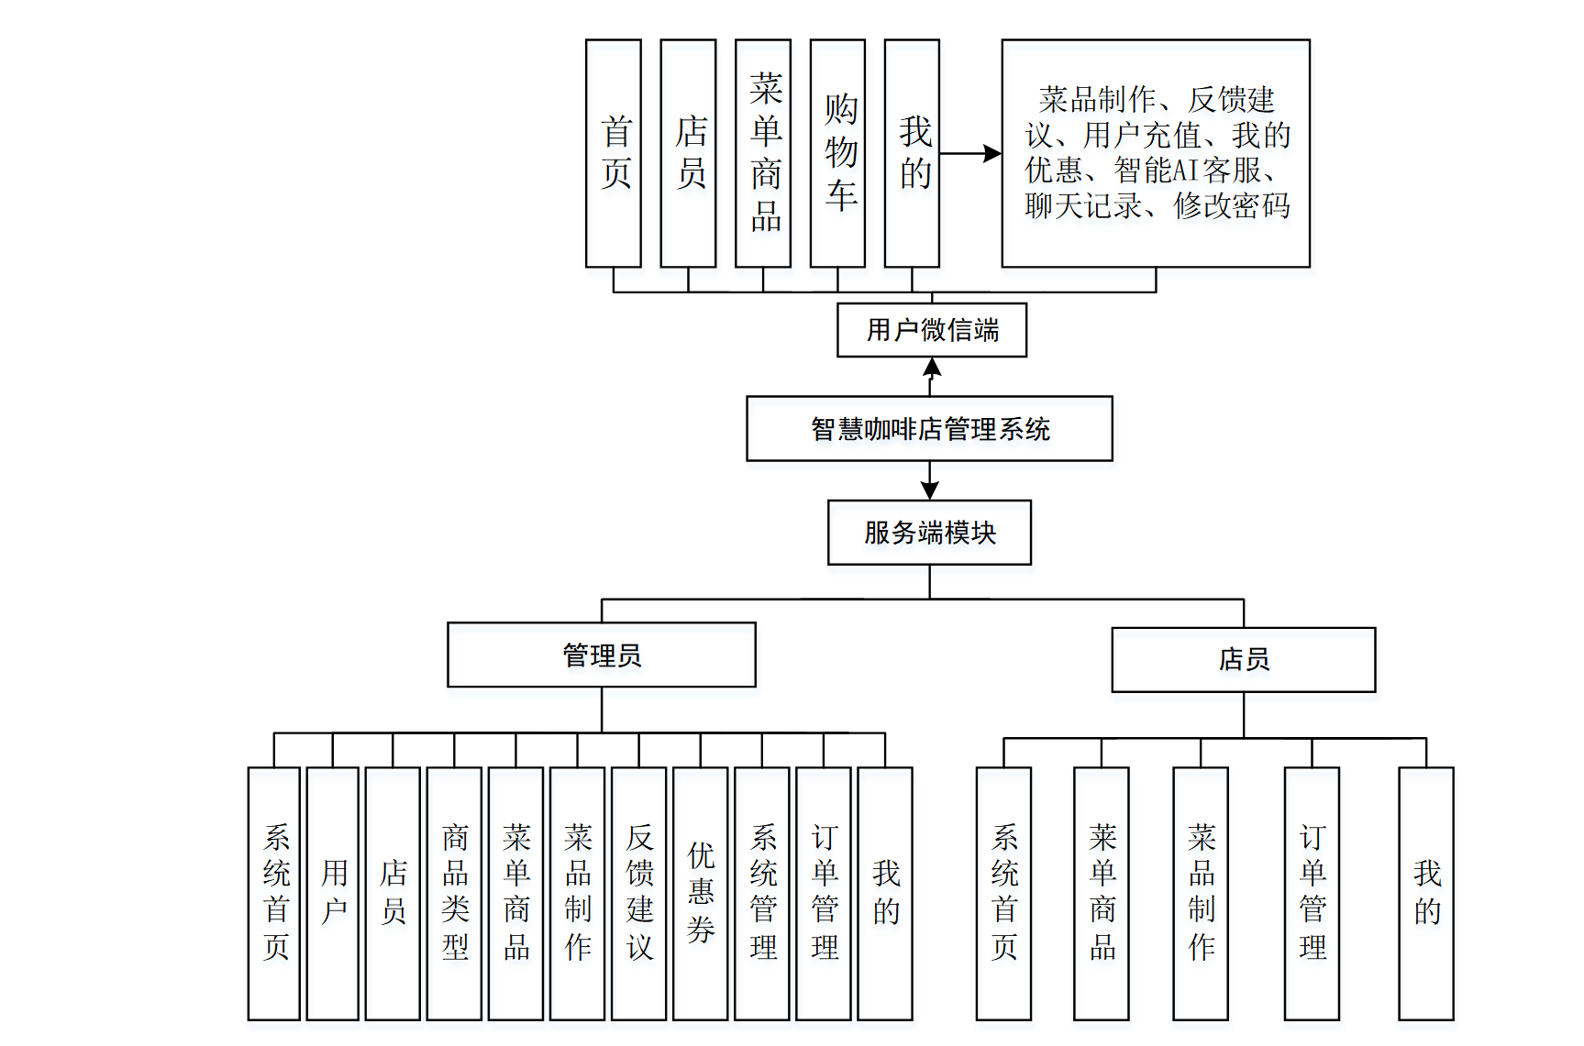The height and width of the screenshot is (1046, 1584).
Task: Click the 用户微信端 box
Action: (931, 330)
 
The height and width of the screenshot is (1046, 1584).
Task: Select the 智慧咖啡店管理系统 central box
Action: (929, 428)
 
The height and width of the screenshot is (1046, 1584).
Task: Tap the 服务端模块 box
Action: (929, 533)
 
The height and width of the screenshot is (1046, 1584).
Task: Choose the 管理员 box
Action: (602, 655)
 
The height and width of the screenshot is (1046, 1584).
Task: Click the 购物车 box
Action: (837, 153)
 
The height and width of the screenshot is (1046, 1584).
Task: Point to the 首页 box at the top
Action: (614, 153)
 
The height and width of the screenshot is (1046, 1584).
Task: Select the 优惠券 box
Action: (701, 893)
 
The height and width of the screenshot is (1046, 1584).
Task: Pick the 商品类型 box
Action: (455, 893)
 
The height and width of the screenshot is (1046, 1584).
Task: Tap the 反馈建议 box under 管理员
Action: (639, 893)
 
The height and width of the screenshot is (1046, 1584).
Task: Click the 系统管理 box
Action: (762, 893)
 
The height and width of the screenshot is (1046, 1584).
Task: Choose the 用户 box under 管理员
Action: (333, 893)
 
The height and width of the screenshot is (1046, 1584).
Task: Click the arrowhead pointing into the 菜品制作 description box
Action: (992, 154)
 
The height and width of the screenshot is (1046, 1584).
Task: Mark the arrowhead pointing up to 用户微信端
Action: (932, 367)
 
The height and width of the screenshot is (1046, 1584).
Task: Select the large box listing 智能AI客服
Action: (1156, 153)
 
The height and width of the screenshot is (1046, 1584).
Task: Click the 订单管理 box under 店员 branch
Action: (1312, 893)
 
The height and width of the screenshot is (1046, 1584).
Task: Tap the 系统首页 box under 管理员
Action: (274, 893)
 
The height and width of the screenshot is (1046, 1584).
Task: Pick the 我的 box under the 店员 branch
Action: (1426, 893)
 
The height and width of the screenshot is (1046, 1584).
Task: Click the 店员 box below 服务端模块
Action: (1244, 659)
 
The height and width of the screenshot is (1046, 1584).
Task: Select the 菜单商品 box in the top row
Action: (763, 153)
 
